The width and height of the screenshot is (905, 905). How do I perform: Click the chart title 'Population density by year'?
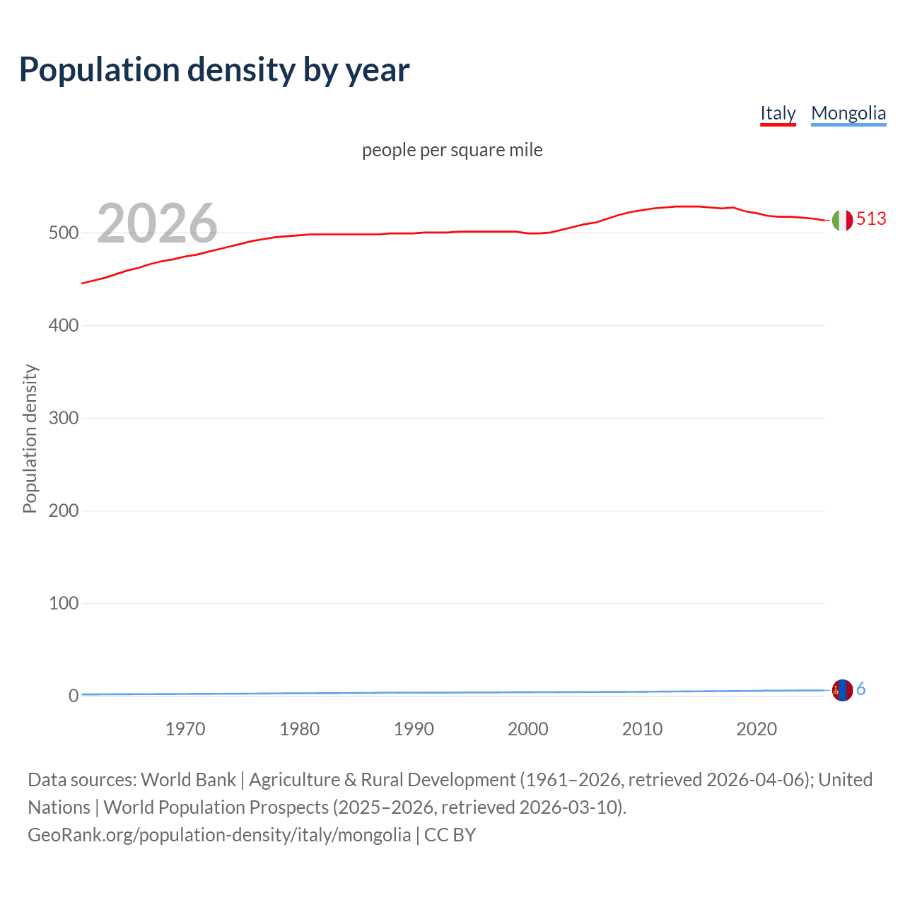point(214,69)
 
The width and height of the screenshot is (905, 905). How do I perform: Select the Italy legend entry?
point(778,113)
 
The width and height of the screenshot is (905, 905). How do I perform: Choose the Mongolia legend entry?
point(848,113)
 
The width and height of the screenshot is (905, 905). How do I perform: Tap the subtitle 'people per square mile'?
point(452,150)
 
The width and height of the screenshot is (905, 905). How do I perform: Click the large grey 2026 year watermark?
point(157,223)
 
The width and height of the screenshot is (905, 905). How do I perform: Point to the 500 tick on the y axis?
point(63,233)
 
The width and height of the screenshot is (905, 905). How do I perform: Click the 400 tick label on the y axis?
point(63,325)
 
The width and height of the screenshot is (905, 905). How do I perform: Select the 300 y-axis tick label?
point(63,418)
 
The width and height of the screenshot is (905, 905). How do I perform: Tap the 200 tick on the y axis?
point(63,510)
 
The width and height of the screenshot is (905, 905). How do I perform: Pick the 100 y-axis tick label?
point(63,603)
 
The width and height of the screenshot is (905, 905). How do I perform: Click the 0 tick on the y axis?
point(73,696)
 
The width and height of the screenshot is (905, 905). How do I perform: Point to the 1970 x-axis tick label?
point(185,729)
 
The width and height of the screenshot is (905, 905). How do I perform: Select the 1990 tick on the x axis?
point(414,729)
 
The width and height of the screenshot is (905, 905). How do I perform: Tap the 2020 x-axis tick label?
point(757,729)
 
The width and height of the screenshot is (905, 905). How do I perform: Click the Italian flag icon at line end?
point(842,221)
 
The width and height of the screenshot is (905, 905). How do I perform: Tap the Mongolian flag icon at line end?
point(842,690)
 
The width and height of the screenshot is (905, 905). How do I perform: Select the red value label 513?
point(871,219)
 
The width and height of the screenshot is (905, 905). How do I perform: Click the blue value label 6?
point(861,689)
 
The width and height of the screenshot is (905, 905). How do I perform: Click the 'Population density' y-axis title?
point(30,438)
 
